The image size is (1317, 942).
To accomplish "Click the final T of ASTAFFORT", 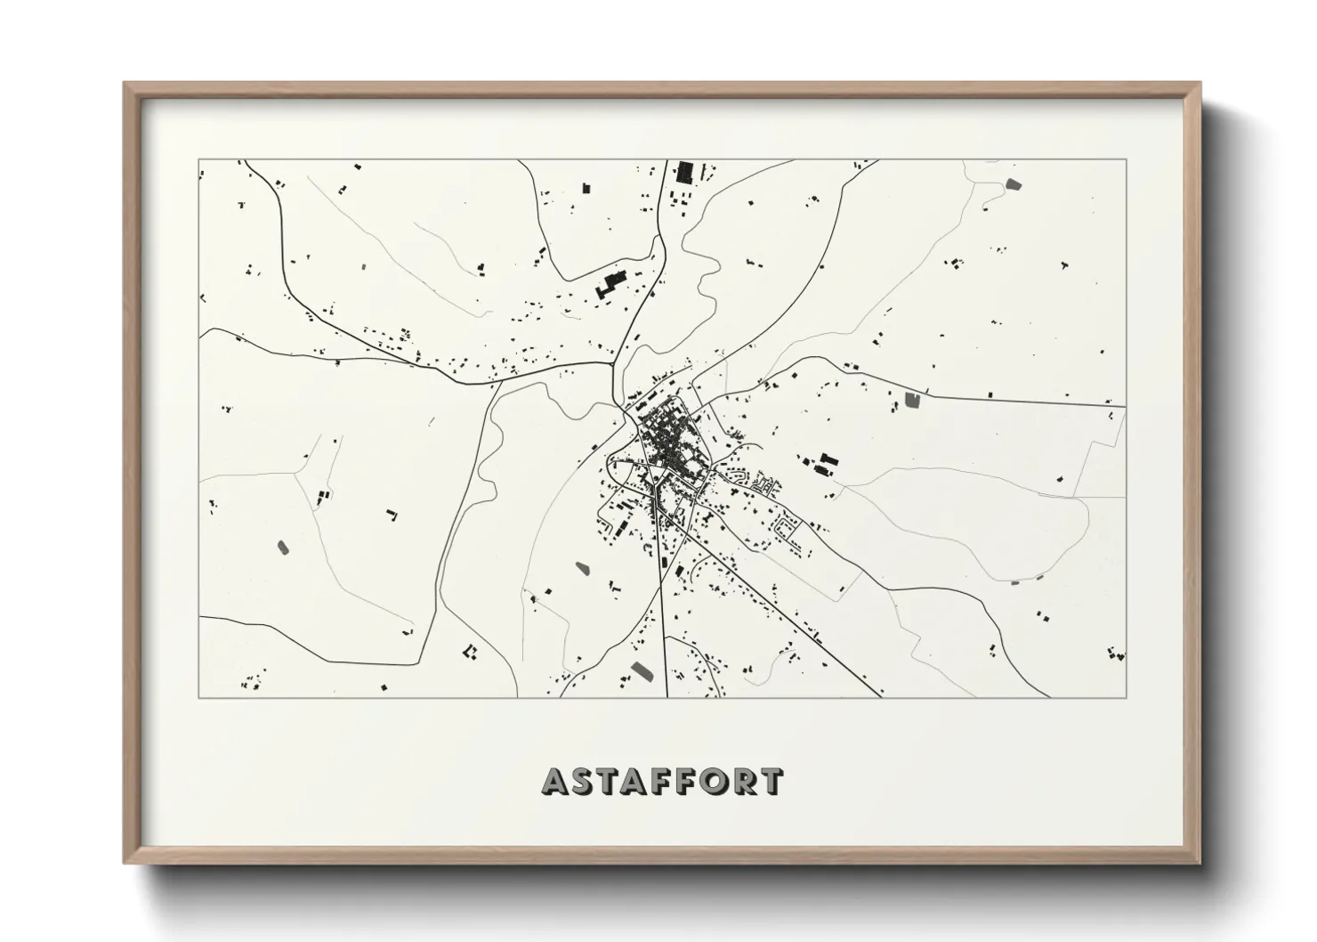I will pos(772,782).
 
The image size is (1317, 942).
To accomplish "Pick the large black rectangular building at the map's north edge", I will pos(684,172).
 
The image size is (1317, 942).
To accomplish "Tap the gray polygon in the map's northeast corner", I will pos(1013,185).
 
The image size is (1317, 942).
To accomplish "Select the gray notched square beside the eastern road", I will pos(912,401).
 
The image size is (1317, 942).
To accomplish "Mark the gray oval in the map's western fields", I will pos(283,546).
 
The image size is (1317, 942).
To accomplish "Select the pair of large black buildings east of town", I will pos(827,464).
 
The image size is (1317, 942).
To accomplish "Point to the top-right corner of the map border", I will pos(1126,159).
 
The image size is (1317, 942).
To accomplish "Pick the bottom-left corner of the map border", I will pos(198,697).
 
